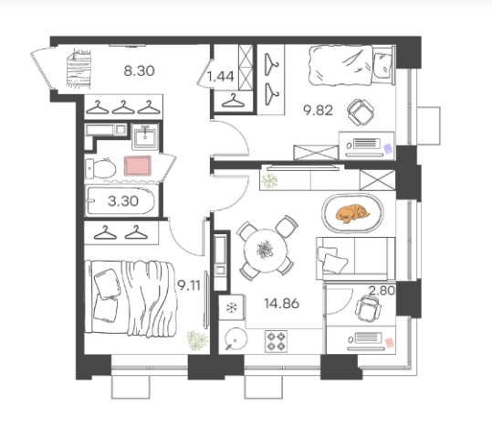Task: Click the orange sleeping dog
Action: (x=352, y=214)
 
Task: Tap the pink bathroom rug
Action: (x=138, y=166)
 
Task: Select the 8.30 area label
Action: (x=139, y=71)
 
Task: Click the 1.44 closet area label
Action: (x=221, y=77)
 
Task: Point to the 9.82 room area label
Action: (x=318, y=111)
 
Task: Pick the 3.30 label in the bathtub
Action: (x=123, y=201)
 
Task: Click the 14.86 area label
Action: (x=282, y=304)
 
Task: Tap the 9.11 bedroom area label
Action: (x=189, y=285)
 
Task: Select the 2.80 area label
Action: (x=382, y=291)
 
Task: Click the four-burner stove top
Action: (x=276, y=341)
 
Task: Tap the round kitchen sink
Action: (x=236, y=339)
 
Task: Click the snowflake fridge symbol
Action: (x=232, y=307)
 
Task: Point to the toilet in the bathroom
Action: (x=100, y=168)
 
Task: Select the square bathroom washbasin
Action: (x=144, y=137)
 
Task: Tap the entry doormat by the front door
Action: (x=79, y=69)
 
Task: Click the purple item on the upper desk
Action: (x=388, y=148)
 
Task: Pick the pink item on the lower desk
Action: (x=390, y=342)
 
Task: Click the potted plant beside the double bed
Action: (x=197, y=340)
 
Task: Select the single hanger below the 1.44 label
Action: (x=233, y=101)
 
